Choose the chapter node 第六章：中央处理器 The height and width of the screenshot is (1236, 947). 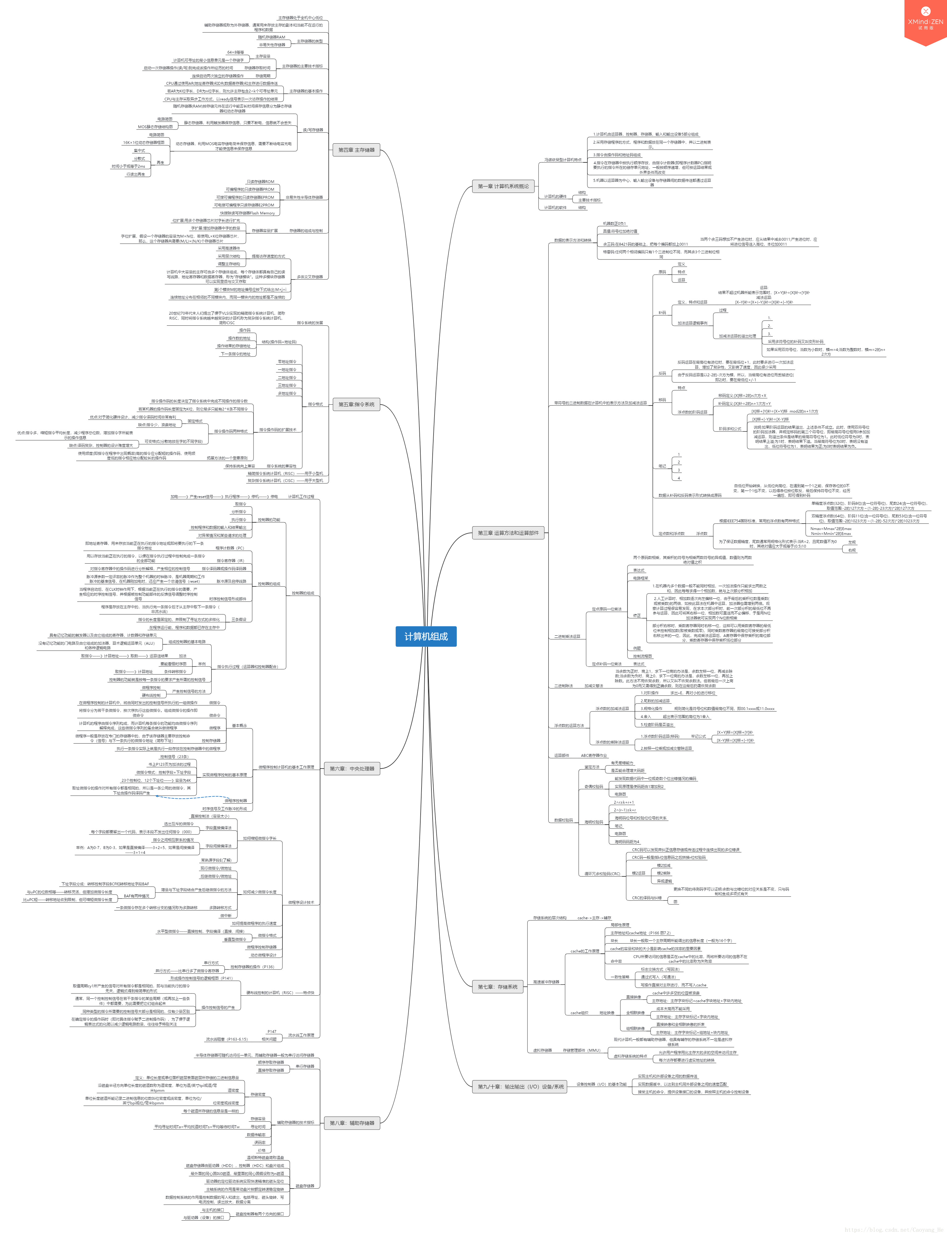tap(352, 769)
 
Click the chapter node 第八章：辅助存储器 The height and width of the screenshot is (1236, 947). tap(352, 1123)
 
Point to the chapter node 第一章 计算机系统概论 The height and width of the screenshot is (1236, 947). tap(503, 186)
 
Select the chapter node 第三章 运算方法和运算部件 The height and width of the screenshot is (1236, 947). tap(508, 533)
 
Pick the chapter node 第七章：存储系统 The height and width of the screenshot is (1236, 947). tap(498, 986)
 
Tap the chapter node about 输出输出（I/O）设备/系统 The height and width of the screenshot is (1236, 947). tap(520, 1087)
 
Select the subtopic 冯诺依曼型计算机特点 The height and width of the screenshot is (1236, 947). tap(562, 160)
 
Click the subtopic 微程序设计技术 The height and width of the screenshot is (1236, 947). tap(301, 903)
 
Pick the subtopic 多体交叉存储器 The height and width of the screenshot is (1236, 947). tap(310, 277)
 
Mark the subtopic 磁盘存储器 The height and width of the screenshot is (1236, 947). tap(305, 1186)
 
